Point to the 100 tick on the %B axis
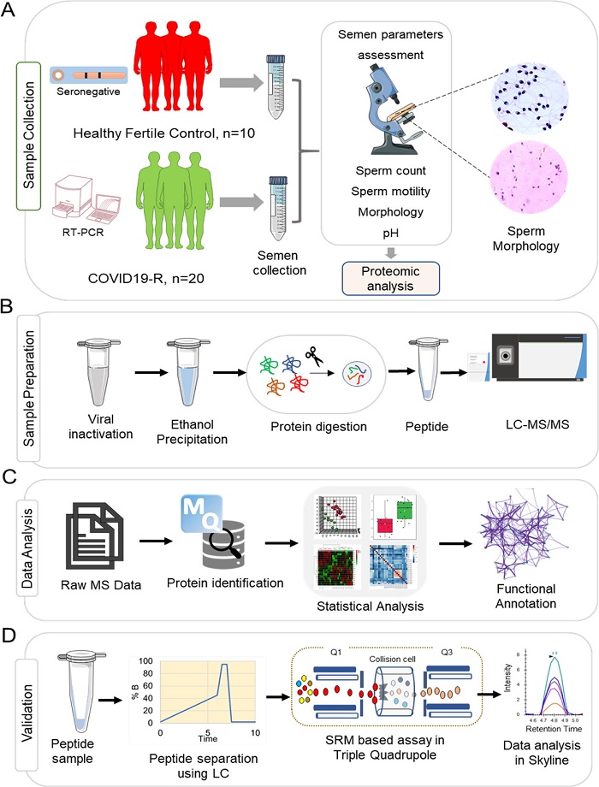pyautogui.click(x=149, y=661)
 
